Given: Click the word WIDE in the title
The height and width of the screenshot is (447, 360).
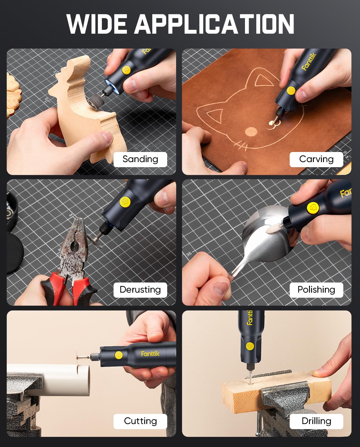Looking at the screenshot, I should coord(97,24).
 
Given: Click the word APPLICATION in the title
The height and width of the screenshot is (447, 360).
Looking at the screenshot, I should coord(214,24).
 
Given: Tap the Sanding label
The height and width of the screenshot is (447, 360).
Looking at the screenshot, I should coord(140,159).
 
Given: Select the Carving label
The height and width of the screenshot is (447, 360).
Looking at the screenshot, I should coord(316,159).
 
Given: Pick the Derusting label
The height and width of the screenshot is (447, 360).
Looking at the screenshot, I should coord(140,290).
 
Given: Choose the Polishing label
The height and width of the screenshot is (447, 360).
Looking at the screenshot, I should coord(316,290).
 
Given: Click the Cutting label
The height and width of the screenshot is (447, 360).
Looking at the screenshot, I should coord(140,421).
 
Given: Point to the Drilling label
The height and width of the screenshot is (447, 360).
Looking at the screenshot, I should coord(316,421).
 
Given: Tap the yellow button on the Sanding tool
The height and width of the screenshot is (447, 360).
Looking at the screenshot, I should coord(126,70).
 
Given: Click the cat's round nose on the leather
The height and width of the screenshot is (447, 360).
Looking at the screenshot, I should coord(251,131).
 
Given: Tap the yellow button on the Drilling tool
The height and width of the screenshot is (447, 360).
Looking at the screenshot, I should coord(250,346).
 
